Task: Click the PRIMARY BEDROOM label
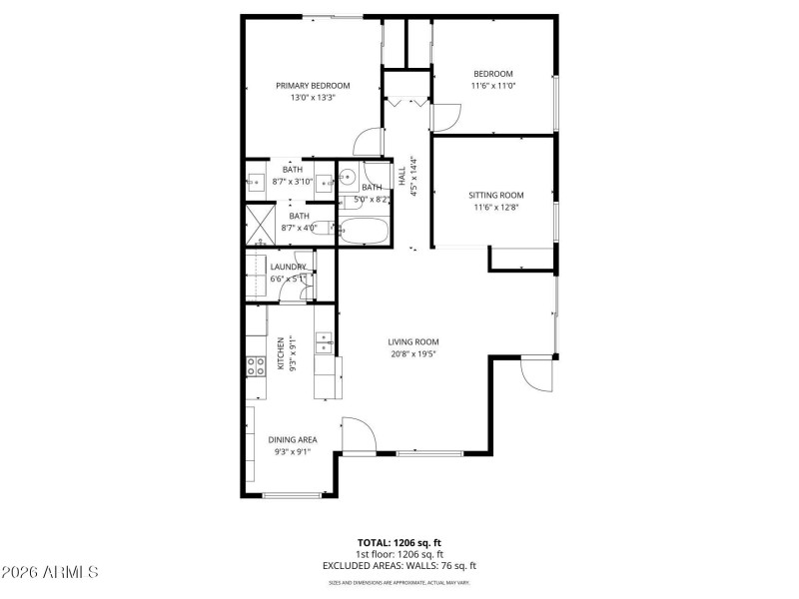(313, 86)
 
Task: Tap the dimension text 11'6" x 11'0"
(492, 86)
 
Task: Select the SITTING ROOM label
(496, 195)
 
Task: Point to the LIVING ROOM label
(413, 341)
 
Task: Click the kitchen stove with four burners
(256, 365)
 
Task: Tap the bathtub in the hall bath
(362, 232)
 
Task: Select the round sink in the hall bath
(348, 179)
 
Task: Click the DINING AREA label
(293, 439)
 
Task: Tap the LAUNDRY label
(288, 267)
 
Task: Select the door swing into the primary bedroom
(369, 142)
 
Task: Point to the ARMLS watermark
(50, 573)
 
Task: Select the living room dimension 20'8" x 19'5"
(413, 353)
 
